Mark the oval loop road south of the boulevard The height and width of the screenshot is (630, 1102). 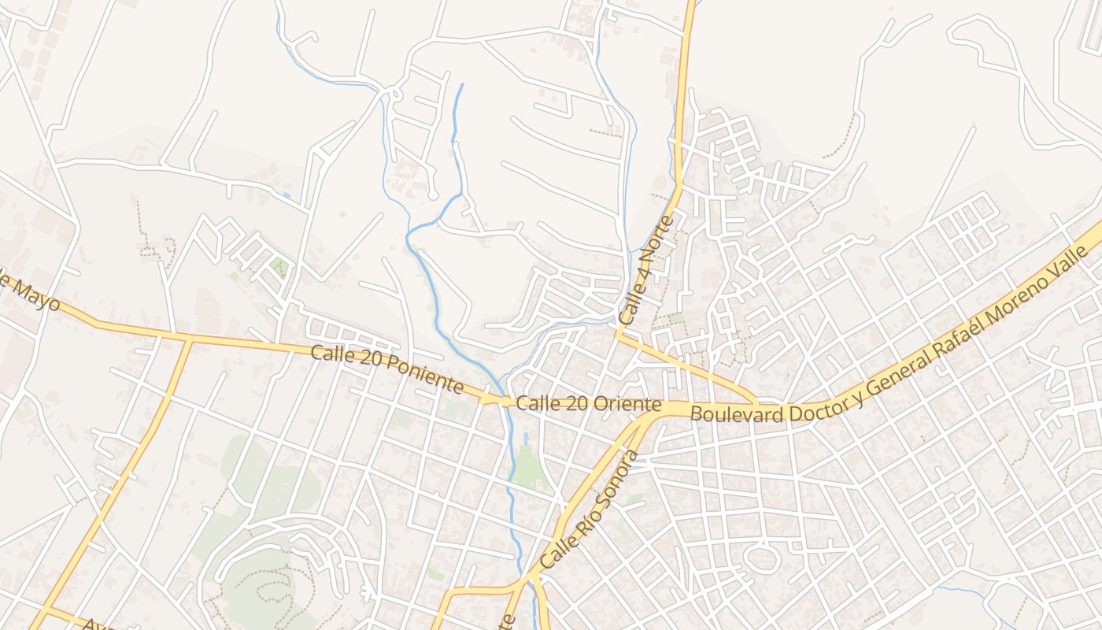[x=761, y=560]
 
